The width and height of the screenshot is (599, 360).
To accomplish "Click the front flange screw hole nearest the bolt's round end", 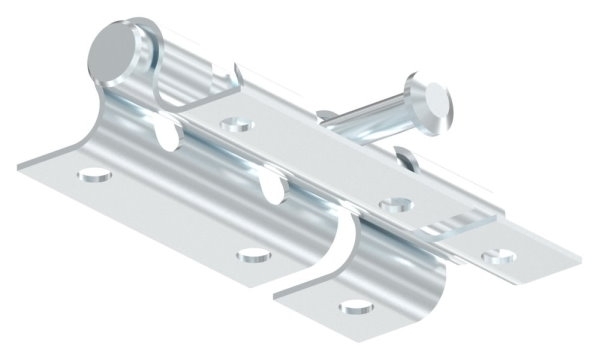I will coord(95,178).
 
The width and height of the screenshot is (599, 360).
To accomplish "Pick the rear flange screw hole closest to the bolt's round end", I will coord(237,126).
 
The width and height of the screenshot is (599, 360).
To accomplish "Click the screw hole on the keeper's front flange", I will coord(353,304).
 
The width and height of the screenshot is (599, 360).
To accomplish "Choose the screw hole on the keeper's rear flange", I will coord(492,257).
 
